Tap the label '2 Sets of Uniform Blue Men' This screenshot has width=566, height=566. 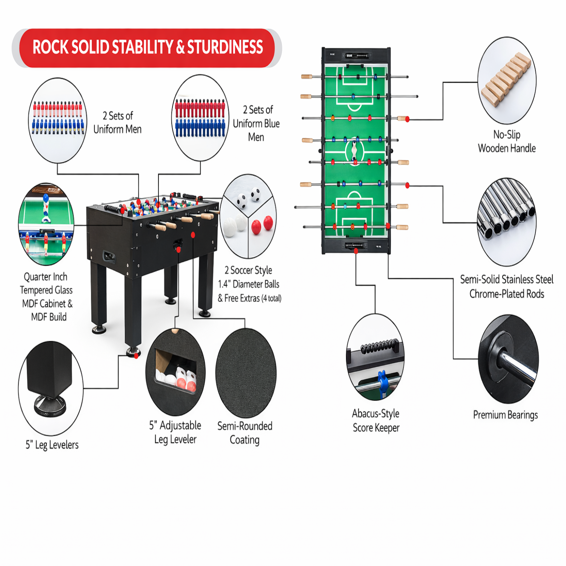pos(256,123)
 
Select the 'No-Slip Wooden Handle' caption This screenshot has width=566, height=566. pos(506,141)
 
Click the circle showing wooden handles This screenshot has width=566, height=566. pos(507,80)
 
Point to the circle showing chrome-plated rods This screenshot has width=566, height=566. pos(506,222)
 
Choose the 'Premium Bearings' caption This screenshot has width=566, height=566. pos(505,415)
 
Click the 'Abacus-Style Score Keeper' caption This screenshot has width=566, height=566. pos(376,421)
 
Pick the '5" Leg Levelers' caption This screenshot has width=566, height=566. pos(52,445)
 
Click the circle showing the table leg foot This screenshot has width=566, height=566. pos(51,389)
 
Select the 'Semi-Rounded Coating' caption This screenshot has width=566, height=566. pos(245,433)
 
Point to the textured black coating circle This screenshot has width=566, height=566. pos(246,373)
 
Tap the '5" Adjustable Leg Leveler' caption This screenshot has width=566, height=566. pos(175,432)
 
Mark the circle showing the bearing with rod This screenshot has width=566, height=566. pos(508,359)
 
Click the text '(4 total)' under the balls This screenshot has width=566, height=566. pos(272,298)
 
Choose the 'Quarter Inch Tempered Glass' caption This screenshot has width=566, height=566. pos(46,297)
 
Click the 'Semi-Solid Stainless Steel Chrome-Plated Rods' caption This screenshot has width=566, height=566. pos(506,287)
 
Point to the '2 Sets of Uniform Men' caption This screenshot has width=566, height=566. pos(117,123)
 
